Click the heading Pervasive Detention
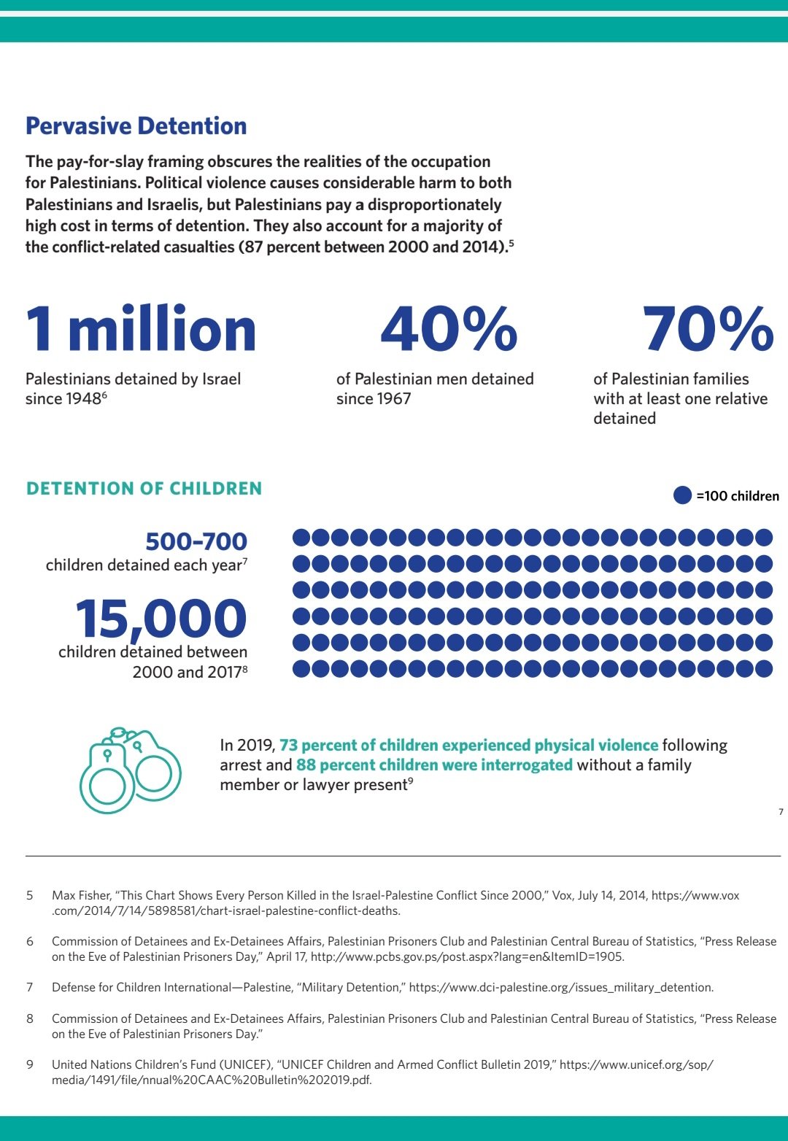(x=136, y=126)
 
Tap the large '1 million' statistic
(x=141, y=330)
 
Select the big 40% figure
(x=449, y=328)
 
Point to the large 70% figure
(x=708, y=328)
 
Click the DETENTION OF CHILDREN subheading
(x=144, y=489)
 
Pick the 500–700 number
(x=196, y=541)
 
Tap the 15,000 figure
(x=161, y=619)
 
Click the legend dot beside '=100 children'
(x=682, y=495)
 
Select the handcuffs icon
(x=130, y=770)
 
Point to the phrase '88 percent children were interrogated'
(x=434, y=765)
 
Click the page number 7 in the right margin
(x=781, y=812)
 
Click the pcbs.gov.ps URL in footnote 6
(x=467, y=956)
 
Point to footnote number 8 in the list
(x=30, y=1018)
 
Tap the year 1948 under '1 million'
(x=83, y=399)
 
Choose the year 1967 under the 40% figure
(x=393, y=399)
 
